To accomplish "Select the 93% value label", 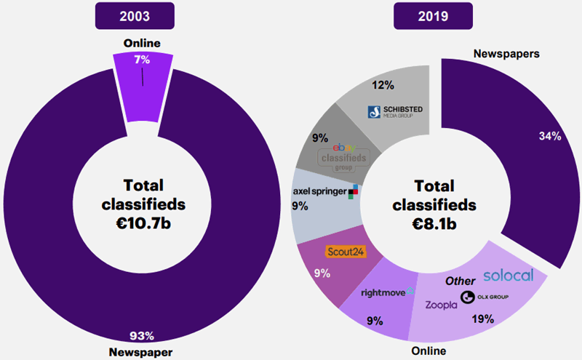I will pyautogui.click(x=143, y=335).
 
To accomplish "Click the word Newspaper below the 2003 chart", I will pyautogui.click(x=143, y=352).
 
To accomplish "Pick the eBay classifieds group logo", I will pyautogui.click(x=346, y=156).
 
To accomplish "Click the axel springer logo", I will pyautogui.click(x=325, y=191).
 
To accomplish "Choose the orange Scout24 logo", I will pyautogui.click(x=344, y=252).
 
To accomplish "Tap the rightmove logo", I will pyautogui.click(x=388, y=292).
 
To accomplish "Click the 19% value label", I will pyautogui.click(x=482, y=318).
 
